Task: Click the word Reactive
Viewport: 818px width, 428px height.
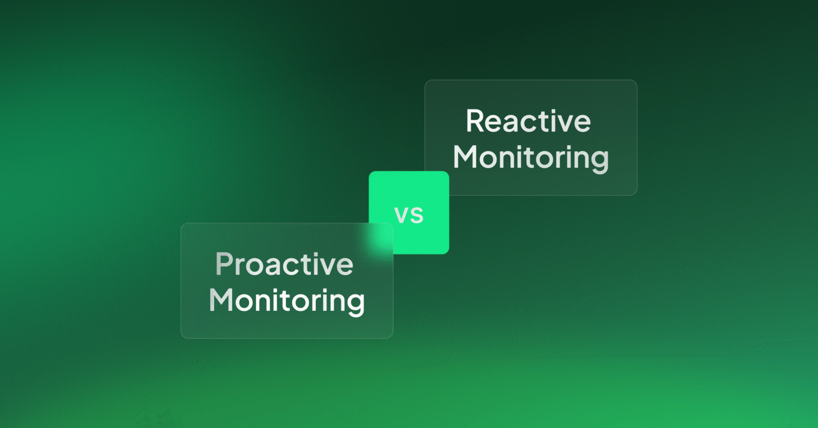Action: click(528, 121)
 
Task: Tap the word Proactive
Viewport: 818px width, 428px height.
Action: click(284, 264)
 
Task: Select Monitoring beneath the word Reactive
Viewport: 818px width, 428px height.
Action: click(530, 158)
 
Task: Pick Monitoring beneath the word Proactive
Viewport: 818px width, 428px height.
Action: click(287, 301)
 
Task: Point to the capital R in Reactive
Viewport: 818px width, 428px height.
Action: click(475, 121)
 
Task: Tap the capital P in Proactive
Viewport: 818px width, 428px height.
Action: click(224, 264)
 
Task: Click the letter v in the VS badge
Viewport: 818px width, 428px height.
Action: click(402, 215)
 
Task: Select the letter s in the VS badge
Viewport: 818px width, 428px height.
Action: click(417, 215)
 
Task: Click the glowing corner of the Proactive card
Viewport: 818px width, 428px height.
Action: click(381, 234)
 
